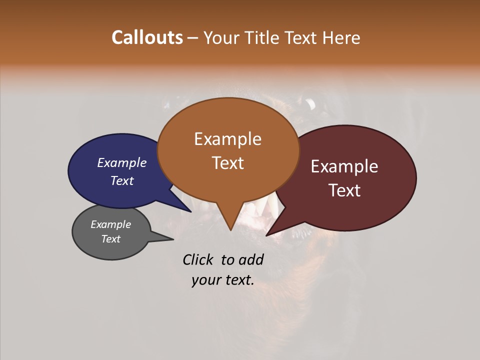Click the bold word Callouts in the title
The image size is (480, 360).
pos(147,37)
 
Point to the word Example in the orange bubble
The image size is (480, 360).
pos(227,139)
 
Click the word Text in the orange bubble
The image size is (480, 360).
pos(228,162)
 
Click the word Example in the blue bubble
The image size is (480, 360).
pos(121,162)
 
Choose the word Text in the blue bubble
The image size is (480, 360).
pos(121,180)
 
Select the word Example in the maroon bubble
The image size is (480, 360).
pos(344,166)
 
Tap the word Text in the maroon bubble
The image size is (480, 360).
pos(344,190)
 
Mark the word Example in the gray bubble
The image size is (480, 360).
pos(110,224)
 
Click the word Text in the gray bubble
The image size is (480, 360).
pos(110,239)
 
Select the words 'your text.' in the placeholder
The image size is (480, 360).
pos(222,280)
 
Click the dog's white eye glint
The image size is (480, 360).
pos(310,104)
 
